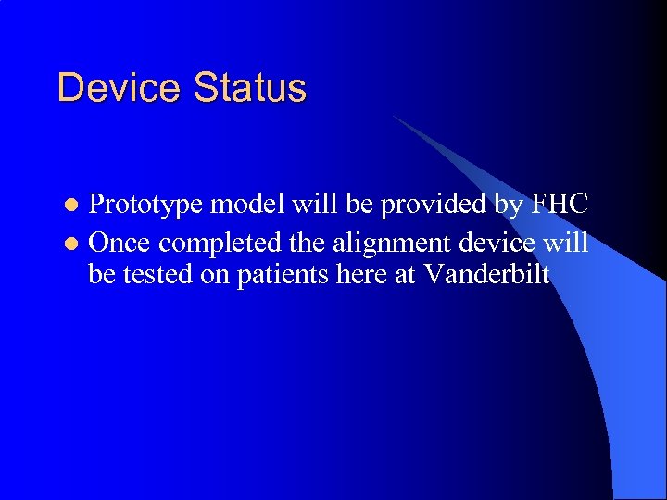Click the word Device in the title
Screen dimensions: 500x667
pyautogui.click(x=120, y=88)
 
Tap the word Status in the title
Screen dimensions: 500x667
pyautogui.click(x=250, y=88)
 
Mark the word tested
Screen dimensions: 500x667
pyautogui.click(x=158, y=275)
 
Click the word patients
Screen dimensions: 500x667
pyautogui.click(x=283, y=275)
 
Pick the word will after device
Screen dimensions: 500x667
pyautogui.click(x=566, y=243)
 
